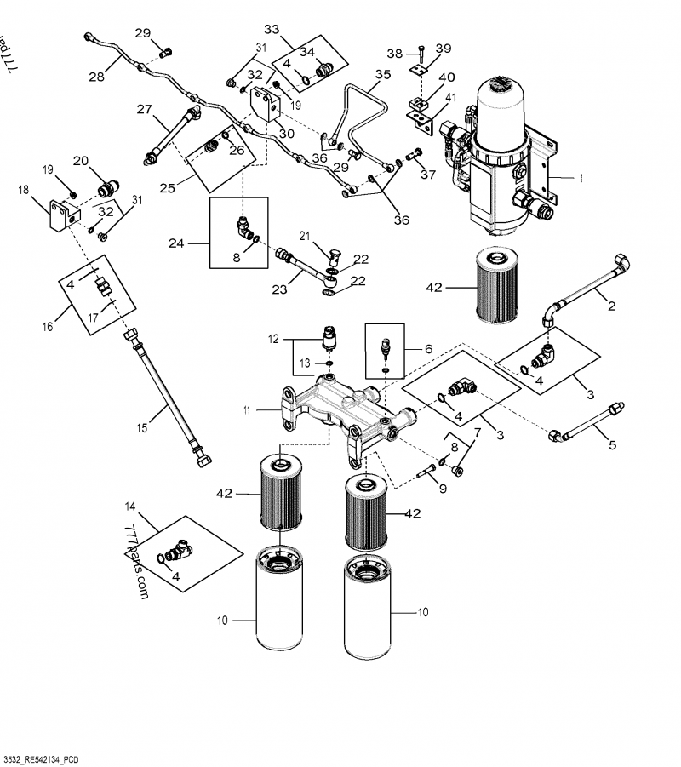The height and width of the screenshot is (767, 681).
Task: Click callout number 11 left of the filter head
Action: tap(247, 410)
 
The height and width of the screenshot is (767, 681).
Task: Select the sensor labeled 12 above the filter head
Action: tap(328, 339)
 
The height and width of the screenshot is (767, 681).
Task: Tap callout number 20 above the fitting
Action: tap(81, 160)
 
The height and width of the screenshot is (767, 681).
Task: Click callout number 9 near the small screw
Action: tap(442, 489)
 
